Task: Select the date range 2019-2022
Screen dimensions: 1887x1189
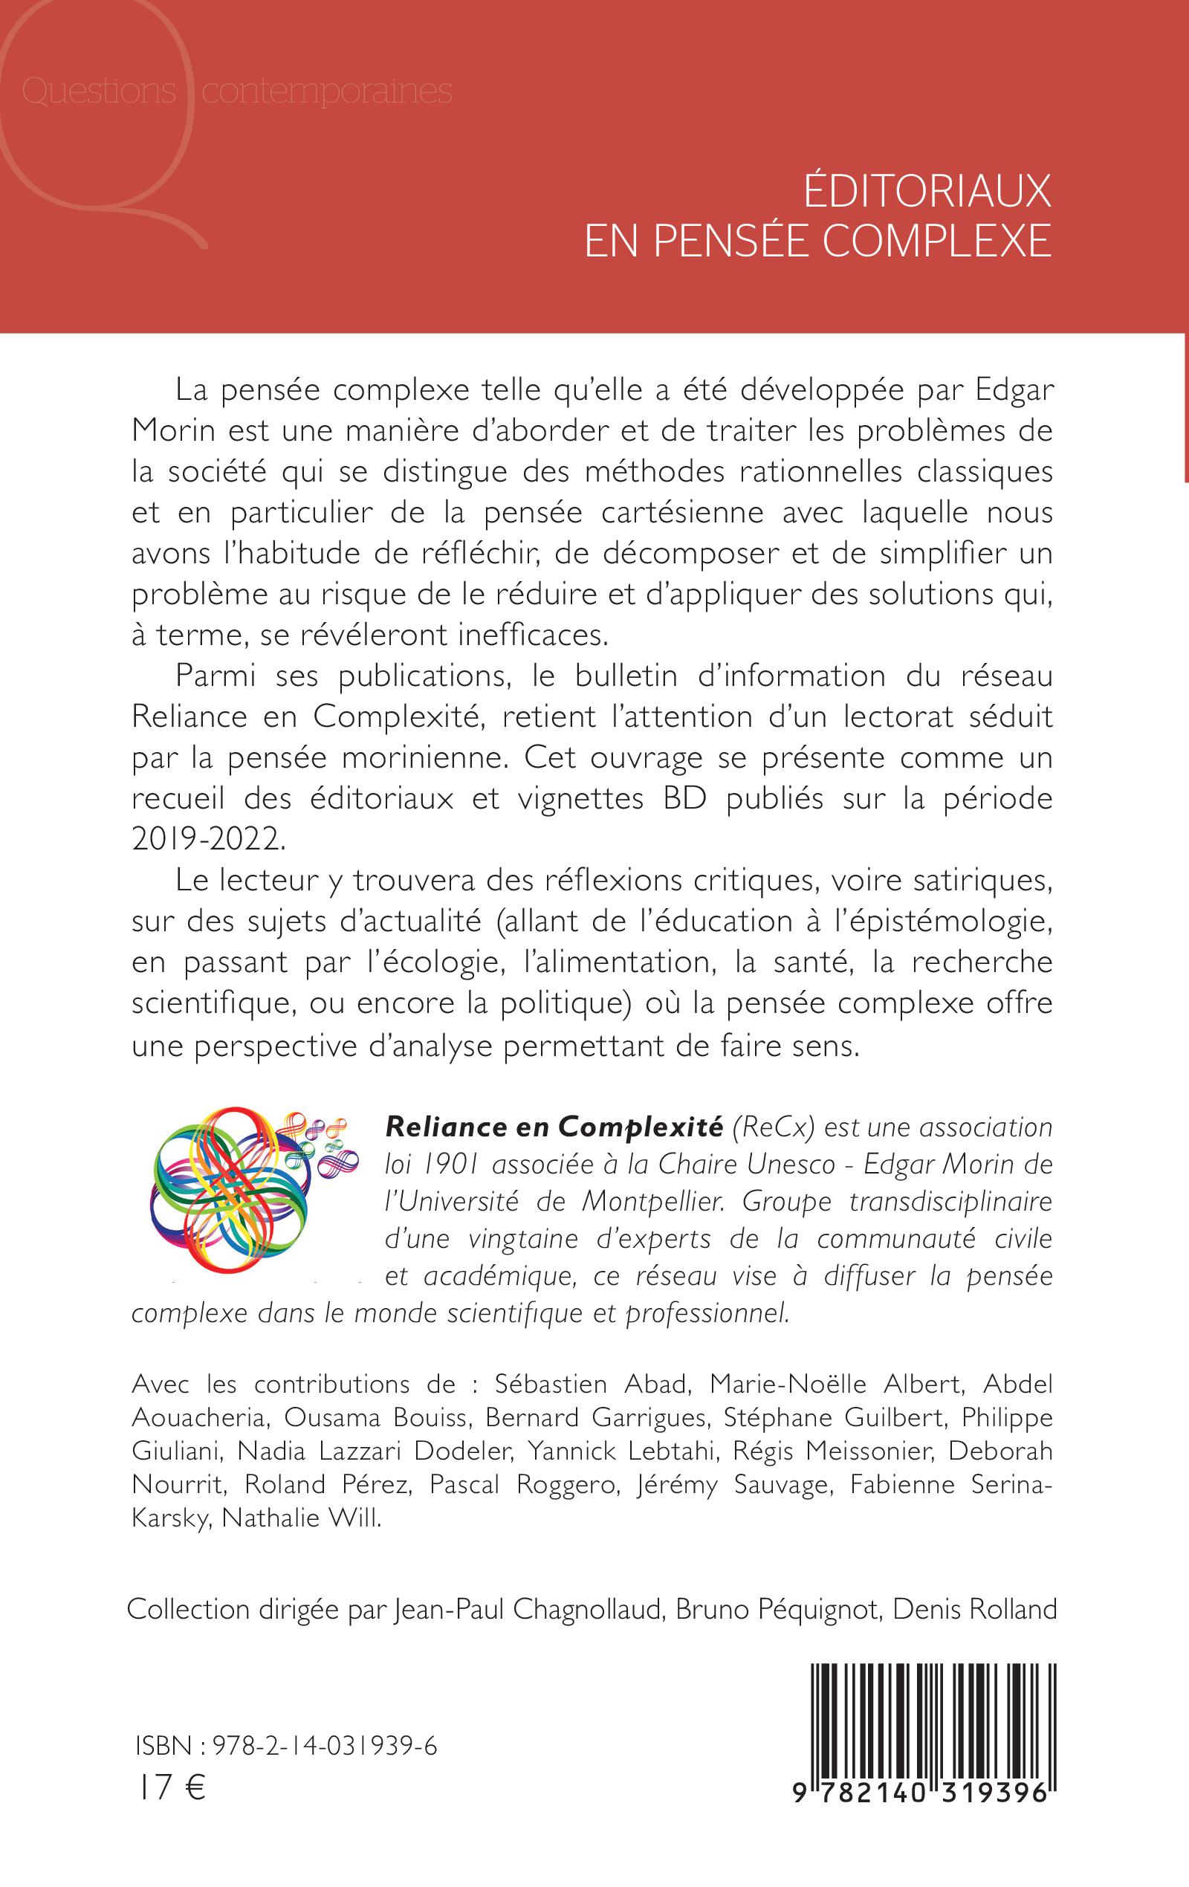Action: coord(204,839)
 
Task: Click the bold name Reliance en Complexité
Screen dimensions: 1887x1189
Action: coord(554,1127)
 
